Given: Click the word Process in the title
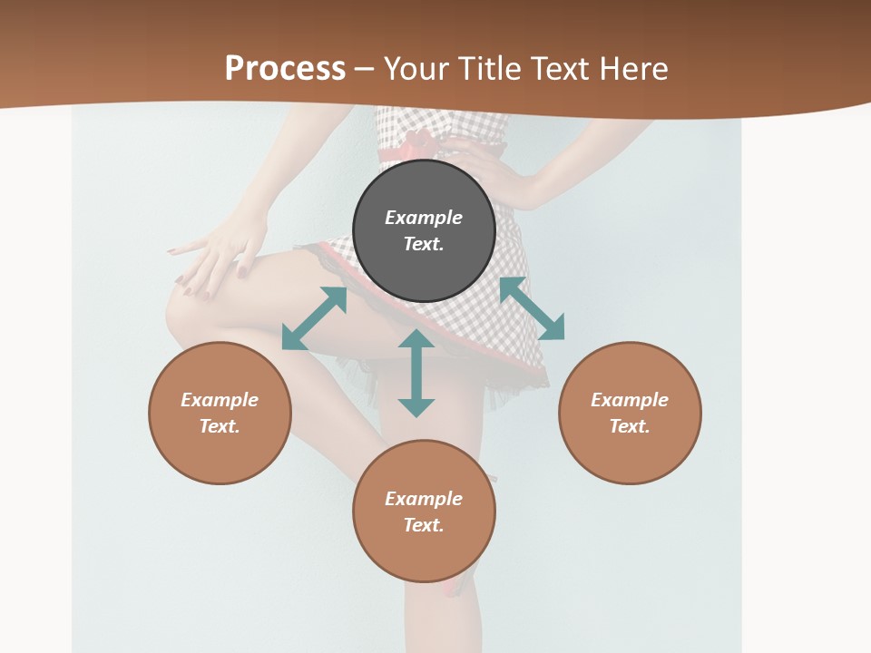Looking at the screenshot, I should point(285,69).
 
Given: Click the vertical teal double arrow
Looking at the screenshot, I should point(416,373).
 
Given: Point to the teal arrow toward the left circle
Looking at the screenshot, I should point(314,318).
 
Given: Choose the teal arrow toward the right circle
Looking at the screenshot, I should point(532,308).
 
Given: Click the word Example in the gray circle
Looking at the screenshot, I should point(424,218).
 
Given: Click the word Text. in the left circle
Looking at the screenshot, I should point(220,426).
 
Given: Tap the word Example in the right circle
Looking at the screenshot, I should point(630,400).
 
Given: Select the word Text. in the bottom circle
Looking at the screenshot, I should point(424,525).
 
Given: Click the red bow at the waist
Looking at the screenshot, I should point(417,143).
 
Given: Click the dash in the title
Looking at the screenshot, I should point(365,70).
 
